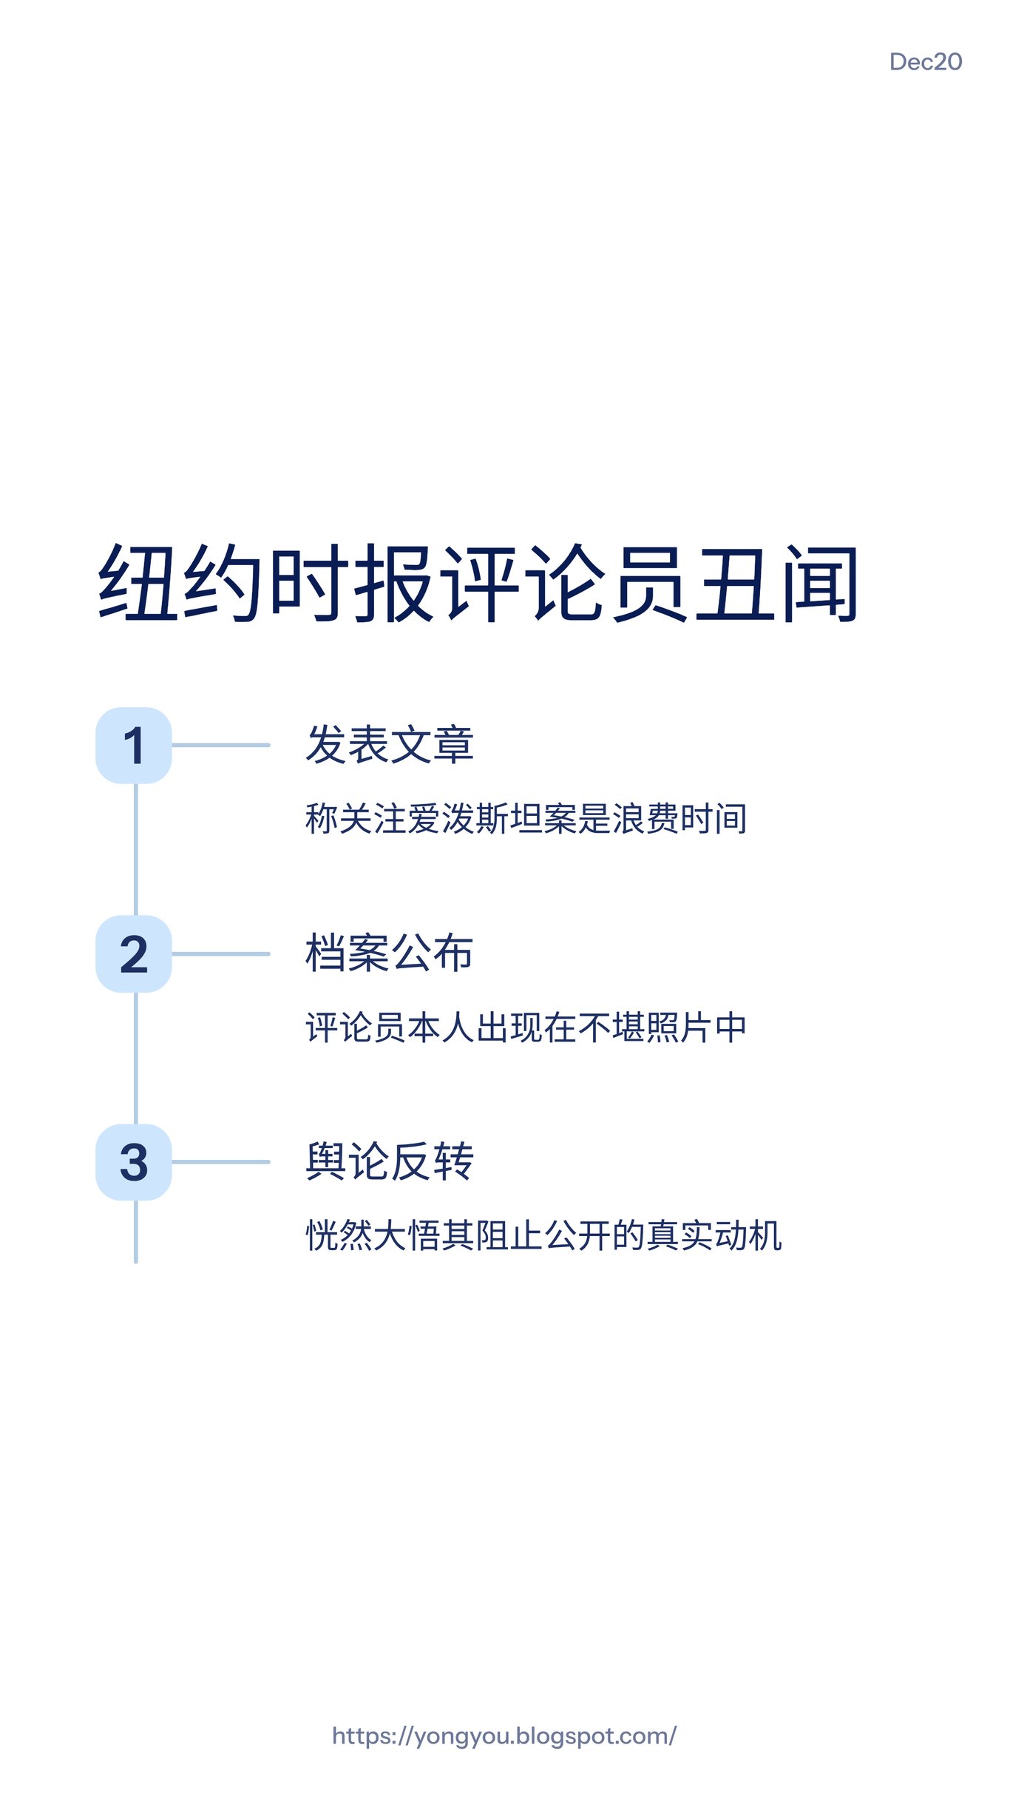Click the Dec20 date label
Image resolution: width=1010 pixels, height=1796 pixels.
(x=925, y=62)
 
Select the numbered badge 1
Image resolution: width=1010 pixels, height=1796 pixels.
(x=134, y=746)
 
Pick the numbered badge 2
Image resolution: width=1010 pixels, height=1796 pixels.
(x=134, y=954)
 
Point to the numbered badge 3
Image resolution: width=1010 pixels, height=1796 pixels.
(x=134, y=1162)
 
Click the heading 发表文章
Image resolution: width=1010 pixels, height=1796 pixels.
(x=390, y=744)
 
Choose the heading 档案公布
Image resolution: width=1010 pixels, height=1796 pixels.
(x=390, y=953)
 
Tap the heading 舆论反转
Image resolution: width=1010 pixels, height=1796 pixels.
(x=390, y=1161)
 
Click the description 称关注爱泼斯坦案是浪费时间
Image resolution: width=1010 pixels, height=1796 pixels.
(x=526, y=819)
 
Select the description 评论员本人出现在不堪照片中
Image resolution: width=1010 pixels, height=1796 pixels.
(x=526, y=1027)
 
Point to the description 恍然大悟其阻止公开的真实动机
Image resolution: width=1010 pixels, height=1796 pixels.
(x=543, y=1236)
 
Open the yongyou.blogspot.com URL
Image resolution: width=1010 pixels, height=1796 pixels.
(x=504, y=1736)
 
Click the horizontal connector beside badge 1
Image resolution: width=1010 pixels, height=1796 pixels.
(x=221, y=745)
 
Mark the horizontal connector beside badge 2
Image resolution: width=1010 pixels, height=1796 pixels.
(x=221, y=954)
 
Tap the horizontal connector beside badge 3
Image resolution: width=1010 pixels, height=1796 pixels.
(x=221, y=1162)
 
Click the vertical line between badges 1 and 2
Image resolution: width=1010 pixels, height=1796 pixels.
(x=136, y=849)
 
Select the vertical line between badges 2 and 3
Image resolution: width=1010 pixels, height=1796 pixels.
(x=136, y=1058)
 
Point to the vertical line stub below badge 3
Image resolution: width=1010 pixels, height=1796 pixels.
(x=136, y=1232)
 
